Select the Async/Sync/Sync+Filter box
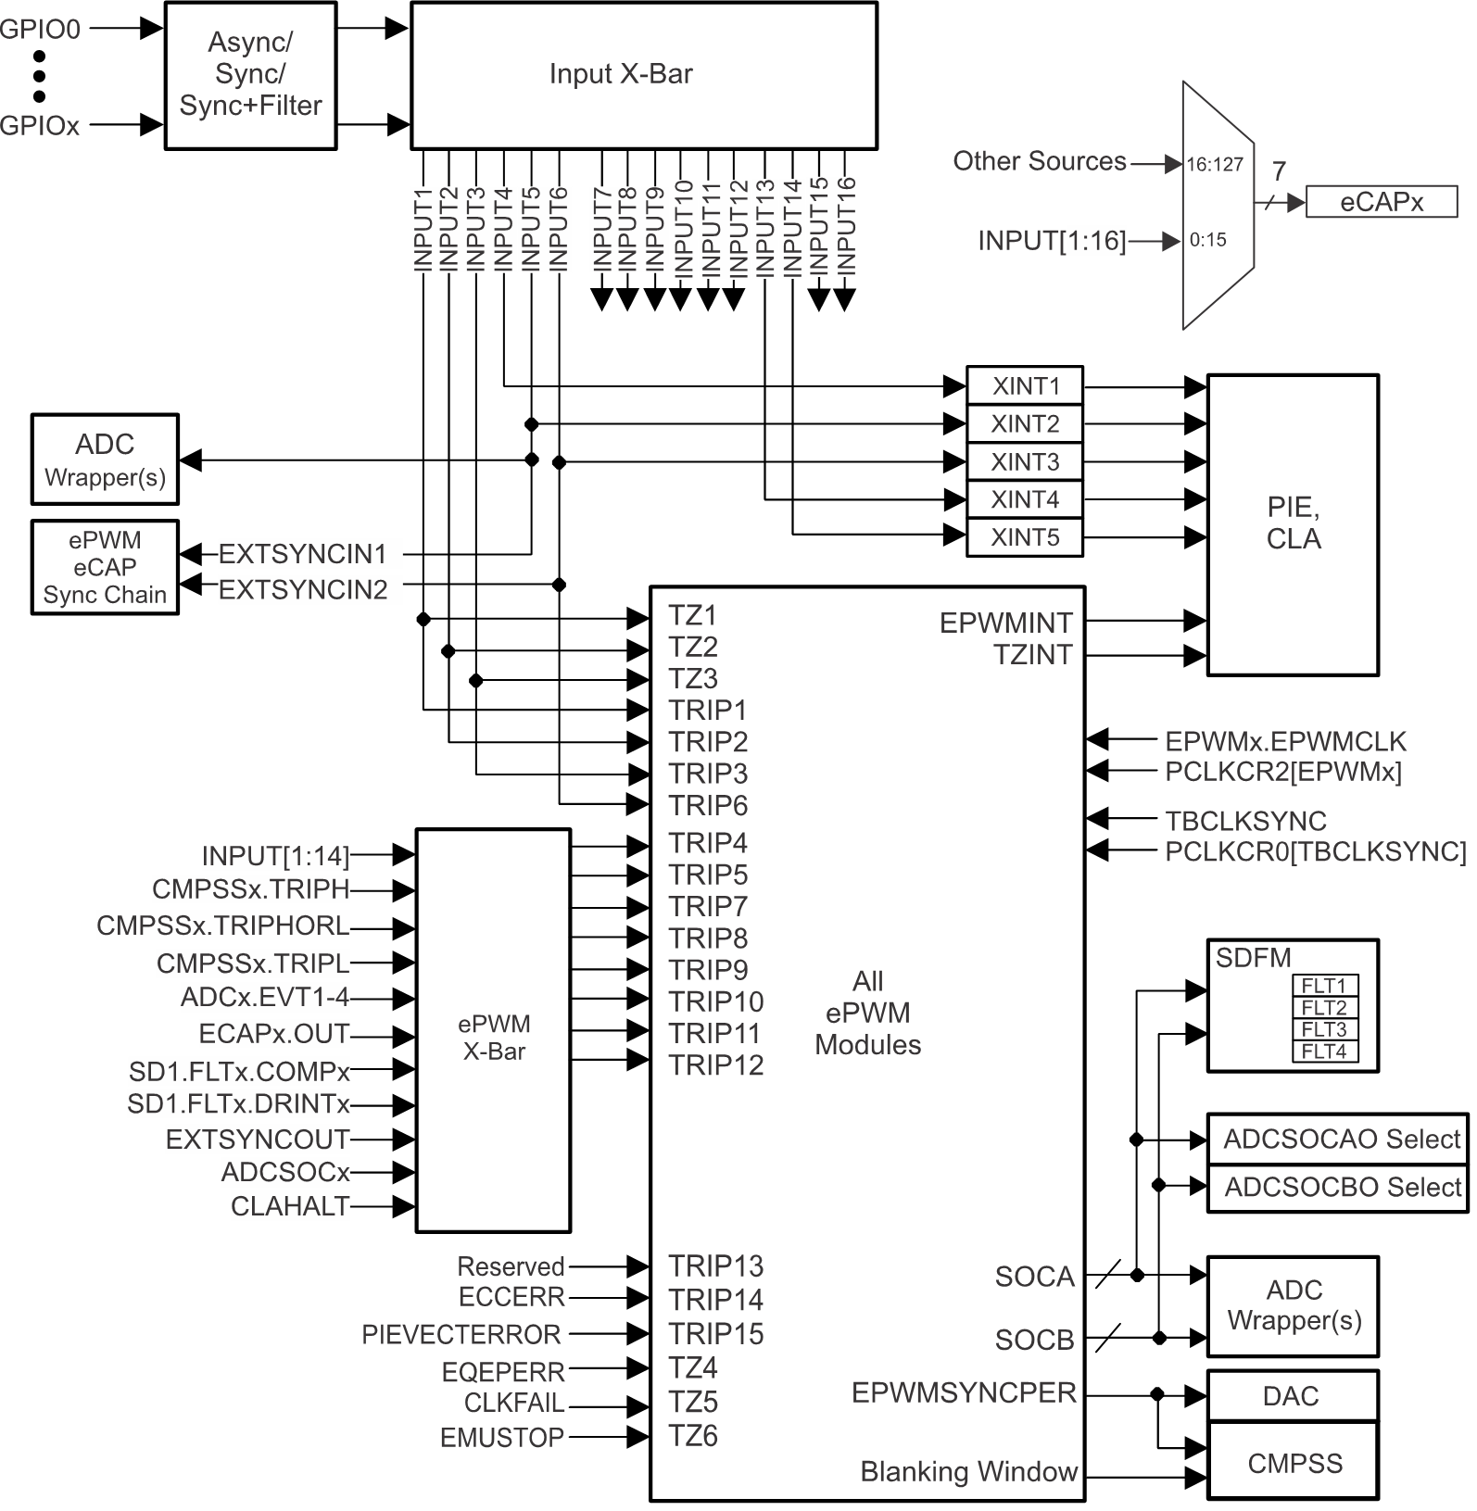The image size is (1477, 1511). tap(250, 75)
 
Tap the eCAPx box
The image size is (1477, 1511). tap(1381, 202)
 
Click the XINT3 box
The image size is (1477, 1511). tap(1024, 461)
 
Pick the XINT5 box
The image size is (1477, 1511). tap(1024, 537)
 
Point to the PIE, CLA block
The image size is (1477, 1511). tap(1292, 524)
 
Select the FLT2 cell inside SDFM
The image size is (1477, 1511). tap(1323, 1008)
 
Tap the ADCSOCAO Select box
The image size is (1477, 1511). tap(1340, 1139)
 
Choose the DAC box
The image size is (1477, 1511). tap(1291, 1396)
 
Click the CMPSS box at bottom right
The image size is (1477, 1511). tap(1294, 1464)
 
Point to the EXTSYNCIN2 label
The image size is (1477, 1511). tap(303, 589)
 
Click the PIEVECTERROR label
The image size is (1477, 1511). tap(461, 1334)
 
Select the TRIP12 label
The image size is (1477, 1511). tap(716, 1065)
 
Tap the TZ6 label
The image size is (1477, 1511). tap(693, 1436)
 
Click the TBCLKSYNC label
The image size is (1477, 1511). tap(1245, 821)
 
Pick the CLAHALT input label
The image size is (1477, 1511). tap(290, 1206)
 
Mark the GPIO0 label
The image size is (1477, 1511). tap(40, 30)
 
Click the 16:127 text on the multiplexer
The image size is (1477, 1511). tap(1214, 165)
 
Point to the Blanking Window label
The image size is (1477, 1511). tap(968, 1472)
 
